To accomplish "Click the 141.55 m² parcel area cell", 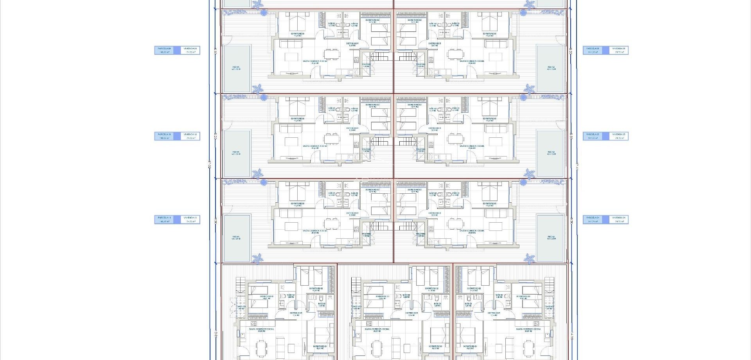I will tap(593, 138).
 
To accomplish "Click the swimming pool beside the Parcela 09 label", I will tap(236, 68).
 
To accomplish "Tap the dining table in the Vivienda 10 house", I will tap(332, 139).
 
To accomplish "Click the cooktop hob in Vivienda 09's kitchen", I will tap(356, 60).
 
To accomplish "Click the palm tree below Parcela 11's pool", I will tap(257, 258).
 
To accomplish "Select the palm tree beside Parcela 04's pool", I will tap(530, 258).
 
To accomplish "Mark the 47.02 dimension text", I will tap(210, 166).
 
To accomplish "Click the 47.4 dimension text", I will tap(577, 166).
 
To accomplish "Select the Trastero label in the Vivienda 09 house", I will tap(366, 65).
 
